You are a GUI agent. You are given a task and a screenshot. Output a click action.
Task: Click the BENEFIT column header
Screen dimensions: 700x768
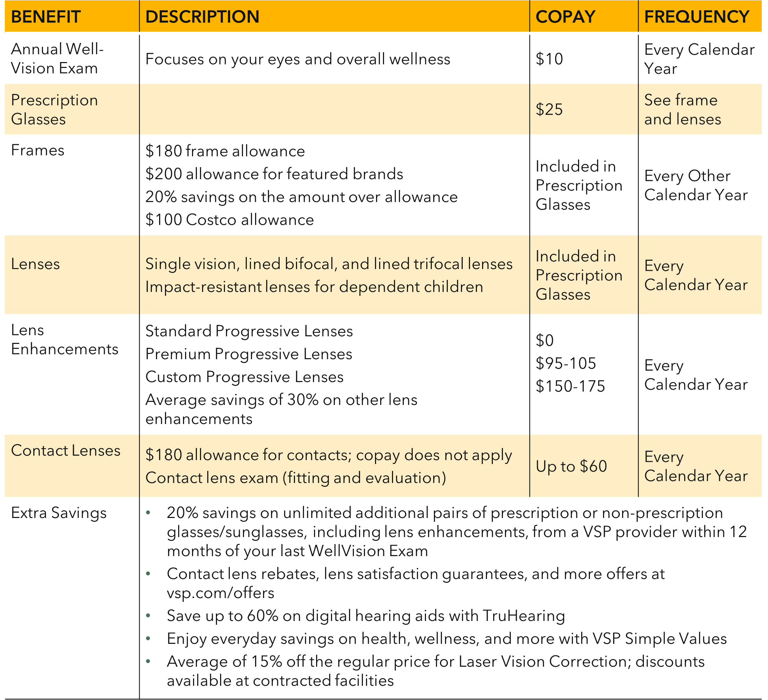tap(46, 17)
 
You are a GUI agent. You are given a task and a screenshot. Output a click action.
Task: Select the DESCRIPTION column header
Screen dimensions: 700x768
tap(202, 17)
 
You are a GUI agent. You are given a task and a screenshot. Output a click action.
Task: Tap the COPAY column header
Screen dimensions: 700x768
tap(565, 17)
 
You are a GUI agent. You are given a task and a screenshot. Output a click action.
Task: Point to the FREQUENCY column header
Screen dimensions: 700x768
tap(697, 17)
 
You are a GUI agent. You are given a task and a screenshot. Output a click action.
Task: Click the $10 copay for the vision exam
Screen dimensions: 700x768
tap(549, 59)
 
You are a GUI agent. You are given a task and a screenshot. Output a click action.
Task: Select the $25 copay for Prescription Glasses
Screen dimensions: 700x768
tap(549, 109)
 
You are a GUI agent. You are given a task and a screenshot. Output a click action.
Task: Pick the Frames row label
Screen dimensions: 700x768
tap(37, 150)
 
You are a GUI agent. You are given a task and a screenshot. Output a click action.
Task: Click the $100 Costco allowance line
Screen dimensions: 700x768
tap(229, 220)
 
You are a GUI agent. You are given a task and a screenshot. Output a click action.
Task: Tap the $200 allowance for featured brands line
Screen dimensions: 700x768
tap(274, 174)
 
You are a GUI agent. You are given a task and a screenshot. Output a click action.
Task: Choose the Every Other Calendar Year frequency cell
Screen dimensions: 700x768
tap(696, 185)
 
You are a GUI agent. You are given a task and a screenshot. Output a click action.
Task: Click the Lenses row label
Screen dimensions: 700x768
tap(35, 264)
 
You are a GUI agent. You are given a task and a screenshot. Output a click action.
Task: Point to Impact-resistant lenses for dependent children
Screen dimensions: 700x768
tap(314, 287)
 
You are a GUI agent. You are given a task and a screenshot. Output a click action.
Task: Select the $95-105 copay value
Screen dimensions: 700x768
tap(566, 364)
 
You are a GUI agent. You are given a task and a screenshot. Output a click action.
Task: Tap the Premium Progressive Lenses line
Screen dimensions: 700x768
tap(248, 354)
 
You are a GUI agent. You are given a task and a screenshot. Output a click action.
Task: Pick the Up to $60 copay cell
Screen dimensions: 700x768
tap(571, 466)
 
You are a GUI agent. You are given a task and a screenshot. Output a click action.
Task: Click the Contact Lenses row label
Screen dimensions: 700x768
tap(66, 451)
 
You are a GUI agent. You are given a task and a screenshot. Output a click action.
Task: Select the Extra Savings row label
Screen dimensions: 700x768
tap(59, 513)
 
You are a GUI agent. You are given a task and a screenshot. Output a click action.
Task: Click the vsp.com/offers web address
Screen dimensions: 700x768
tap(220, 593)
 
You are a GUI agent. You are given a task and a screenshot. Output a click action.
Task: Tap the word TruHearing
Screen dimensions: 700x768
tap(523, 616)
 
